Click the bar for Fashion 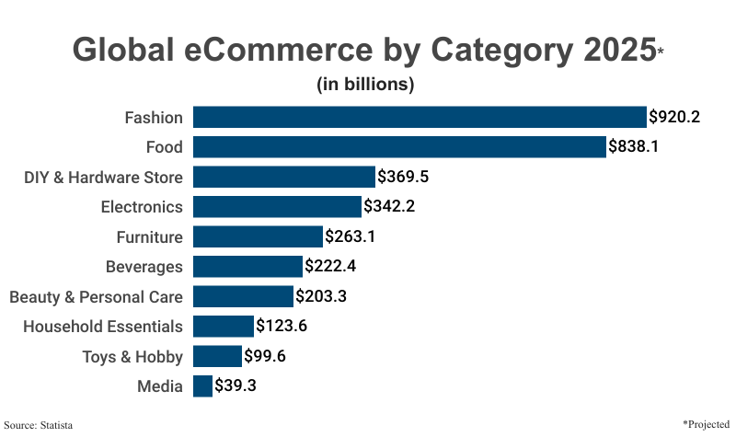420,117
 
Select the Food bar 399,147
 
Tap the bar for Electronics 277,206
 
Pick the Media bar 202,385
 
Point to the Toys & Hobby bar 217,356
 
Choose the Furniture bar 258,236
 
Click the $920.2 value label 674,117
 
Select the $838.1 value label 634,147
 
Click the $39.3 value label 236,385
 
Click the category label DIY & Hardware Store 103,177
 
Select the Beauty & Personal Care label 96,296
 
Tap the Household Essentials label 103,326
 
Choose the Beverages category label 144,267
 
